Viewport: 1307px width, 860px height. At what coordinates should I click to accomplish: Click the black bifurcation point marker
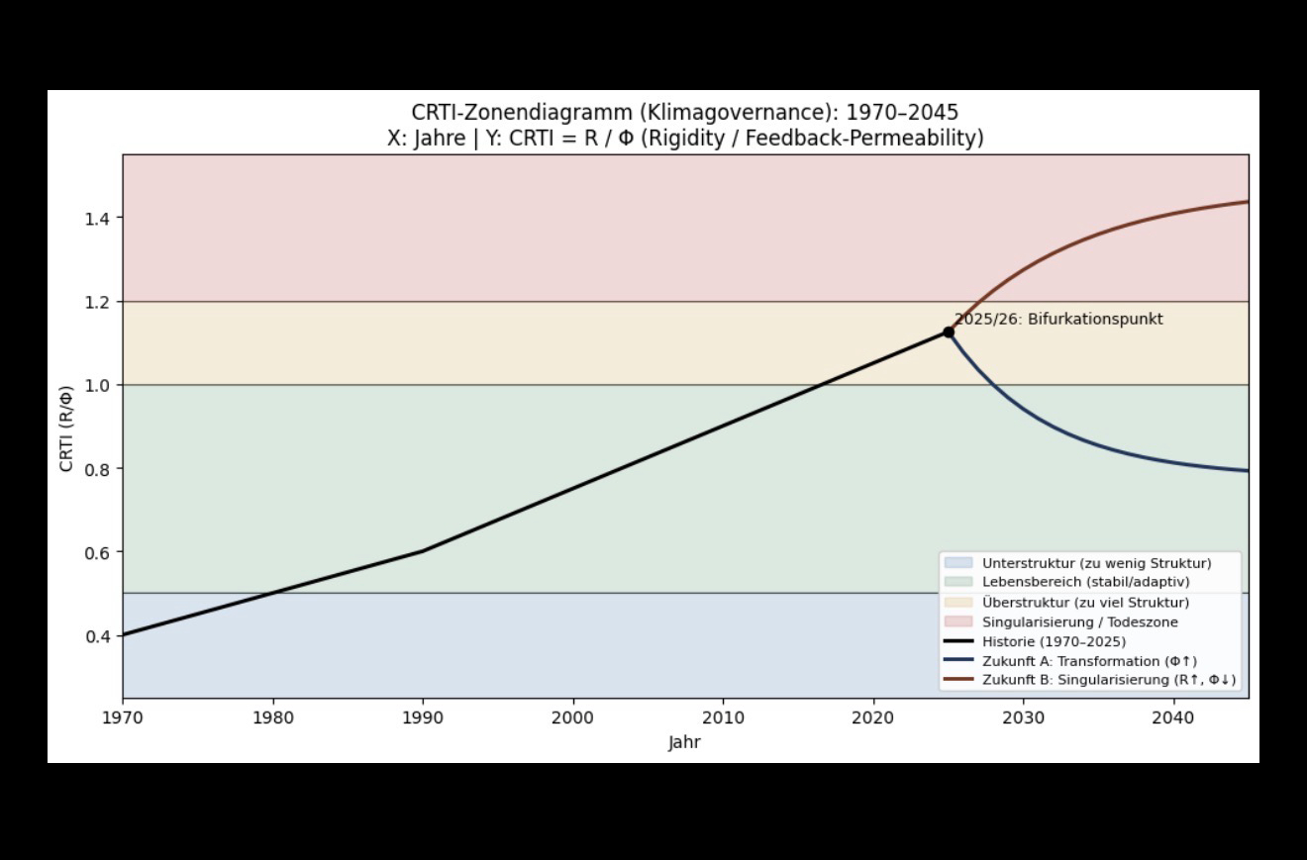point(949,333)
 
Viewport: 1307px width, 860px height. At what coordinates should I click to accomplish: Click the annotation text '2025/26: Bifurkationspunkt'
point(1058,320)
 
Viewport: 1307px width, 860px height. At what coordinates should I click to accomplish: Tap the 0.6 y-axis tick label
point(96,552)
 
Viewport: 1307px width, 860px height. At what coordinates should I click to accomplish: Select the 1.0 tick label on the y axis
point(96,385)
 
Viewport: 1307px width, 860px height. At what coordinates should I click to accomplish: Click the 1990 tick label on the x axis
point(423,717)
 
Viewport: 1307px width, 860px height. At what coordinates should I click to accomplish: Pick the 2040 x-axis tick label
point(1173,717)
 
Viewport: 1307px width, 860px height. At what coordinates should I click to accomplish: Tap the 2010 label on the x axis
point(723,717)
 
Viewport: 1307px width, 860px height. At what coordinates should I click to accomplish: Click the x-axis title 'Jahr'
point(684,742)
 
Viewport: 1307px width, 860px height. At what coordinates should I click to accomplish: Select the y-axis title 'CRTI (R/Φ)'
point(66,428)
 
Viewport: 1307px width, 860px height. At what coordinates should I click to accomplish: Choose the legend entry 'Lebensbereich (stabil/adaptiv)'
point(1085,582)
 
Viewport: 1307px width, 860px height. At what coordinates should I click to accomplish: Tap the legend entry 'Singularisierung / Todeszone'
point(1079,622)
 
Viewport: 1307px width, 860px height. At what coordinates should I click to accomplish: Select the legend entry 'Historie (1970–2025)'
point(1054,641)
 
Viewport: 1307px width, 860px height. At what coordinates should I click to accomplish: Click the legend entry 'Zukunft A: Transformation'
point(1089,661)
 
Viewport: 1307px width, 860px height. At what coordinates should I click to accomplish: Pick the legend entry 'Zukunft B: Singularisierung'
point(1108,680)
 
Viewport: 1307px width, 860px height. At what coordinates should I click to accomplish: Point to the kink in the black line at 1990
point(423,551)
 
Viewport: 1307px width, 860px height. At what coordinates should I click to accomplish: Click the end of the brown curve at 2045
point(1248,202)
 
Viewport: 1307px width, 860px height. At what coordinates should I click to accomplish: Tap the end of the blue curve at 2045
point(1248,471)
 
